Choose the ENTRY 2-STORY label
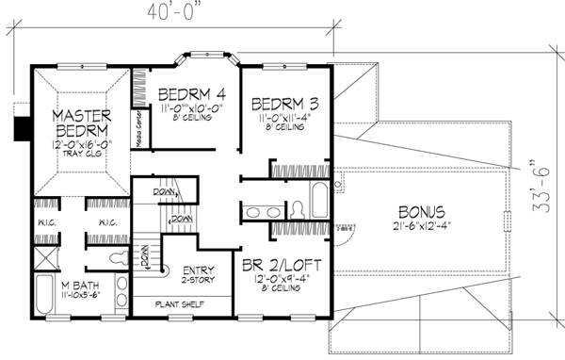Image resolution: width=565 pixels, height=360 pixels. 198,273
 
